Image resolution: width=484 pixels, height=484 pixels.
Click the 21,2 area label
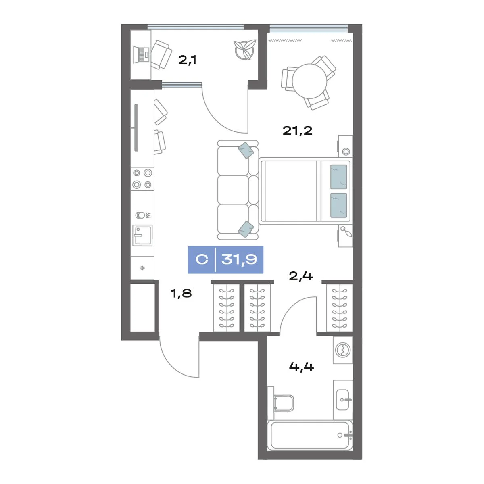297,131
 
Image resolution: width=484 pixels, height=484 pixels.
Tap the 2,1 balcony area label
188,60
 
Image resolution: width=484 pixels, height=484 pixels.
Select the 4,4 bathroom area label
301,367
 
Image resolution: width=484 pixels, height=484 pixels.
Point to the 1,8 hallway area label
181,293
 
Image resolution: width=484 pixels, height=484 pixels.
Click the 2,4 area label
300,276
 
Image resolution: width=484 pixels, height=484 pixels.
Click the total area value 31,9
239,259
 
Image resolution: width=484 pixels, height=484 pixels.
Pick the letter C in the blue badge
202,259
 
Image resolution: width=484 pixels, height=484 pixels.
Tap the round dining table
309,81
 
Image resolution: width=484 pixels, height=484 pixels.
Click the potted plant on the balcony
245,50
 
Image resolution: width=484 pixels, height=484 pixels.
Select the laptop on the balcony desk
142,54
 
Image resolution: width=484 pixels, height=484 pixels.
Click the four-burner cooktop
142,179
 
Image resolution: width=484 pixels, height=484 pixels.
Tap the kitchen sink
142,235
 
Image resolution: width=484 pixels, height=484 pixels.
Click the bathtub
310,435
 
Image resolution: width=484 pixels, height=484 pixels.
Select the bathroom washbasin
342,400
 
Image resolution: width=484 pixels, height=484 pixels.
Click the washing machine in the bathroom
343,350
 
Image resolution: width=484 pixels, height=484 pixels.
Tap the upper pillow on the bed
338,177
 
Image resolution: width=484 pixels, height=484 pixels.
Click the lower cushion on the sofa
246,229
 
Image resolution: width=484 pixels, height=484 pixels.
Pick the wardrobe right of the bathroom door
340,308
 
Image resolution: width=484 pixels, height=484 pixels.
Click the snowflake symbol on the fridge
142,268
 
